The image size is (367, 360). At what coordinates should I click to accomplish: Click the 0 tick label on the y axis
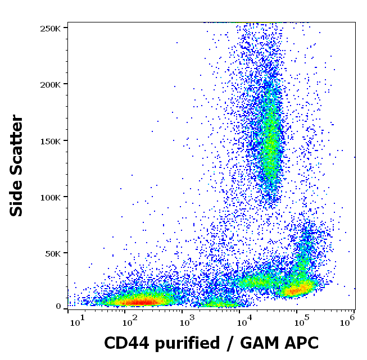click(x=58, y=307)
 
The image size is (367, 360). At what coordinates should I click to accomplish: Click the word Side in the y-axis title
click(x=17, y=198)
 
